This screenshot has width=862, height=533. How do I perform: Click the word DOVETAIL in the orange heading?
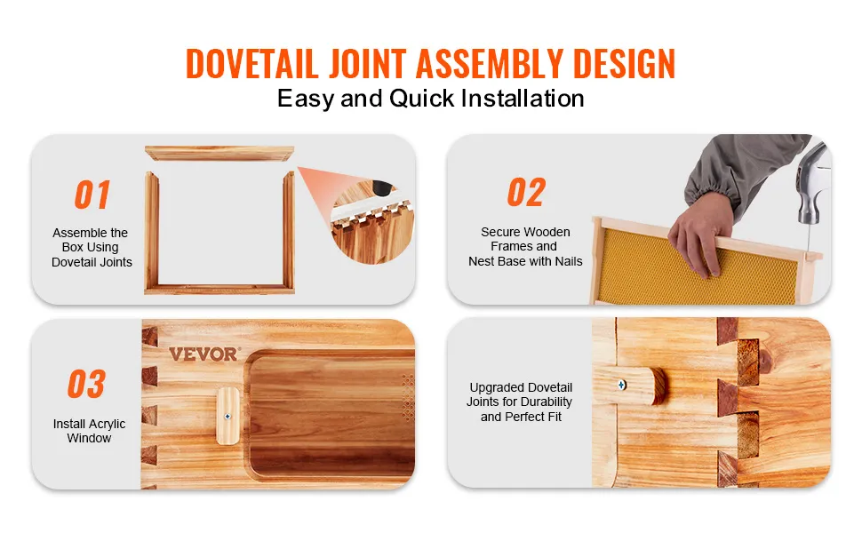[x=252, y=64]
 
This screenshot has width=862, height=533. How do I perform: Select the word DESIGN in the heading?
[x=624, y=64]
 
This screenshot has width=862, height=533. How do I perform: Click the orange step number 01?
[x=92, y=195]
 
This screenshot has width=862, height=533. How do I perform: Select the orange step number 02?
[x=526, y=192]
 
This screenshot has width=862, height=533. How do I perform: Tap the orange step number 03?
[x=86, y=384]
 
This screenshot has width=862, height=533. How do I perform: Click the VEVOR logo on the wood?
[x=204, y=354]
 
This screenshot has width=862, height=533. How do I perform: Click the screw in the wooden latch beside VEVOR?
[x=227, y=417]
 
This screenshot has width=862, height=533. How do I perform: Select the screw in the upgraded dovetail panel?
[x=622, y=386]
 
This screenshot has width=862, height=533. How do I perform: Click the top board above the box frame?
[x=219, y=154]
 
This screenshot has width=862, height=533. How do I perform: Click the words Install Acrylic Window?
[x=89, y=431]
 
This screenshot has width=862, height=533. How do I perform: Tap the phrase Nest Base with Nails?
[x=525, y=261]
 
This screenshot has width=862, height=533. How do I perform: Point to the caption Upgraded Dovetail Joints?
[x=520, y=394]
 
